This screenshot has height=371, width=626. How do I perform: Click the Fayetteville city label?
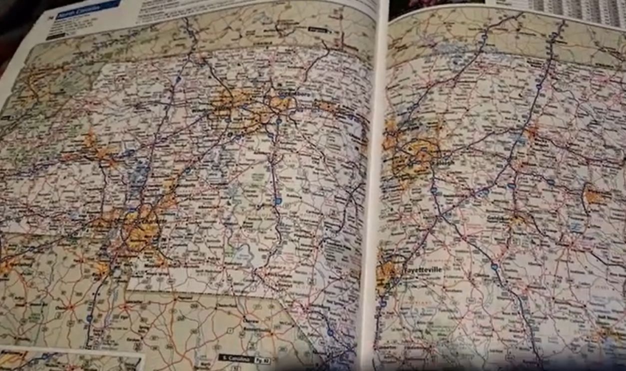pyautogui.click(x=422, y=270)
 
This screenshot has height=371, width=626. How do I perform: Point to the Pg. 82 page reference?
pyautogui.click(x=262, y=360)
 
